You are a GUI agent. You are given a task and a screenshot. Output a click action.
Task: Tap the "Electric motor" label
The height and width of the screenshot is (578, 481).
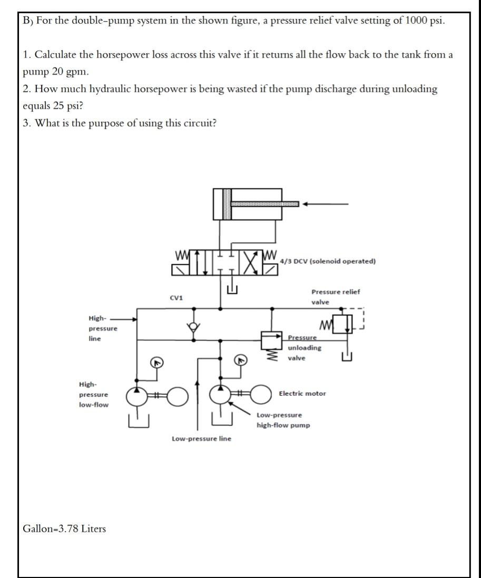302,393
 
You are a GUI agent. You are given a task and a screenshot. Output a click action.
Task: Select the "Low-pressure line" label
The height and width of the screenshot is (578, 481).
201,439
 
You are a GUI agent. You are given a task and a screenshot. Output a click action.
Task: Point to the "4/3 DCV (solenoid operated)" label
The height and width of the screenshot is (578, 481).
328,261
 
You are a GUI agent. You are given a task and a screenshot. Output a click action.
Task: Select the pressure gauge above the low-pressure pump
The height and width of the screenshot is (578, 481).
241,361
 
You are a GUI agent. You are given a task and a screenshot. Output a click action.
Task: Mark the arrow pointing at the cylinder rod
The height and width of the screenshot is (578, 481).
329,204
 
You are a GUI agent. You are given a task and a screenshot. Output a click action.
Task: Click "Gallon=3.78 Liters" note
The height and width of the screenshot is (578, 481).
64,529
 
